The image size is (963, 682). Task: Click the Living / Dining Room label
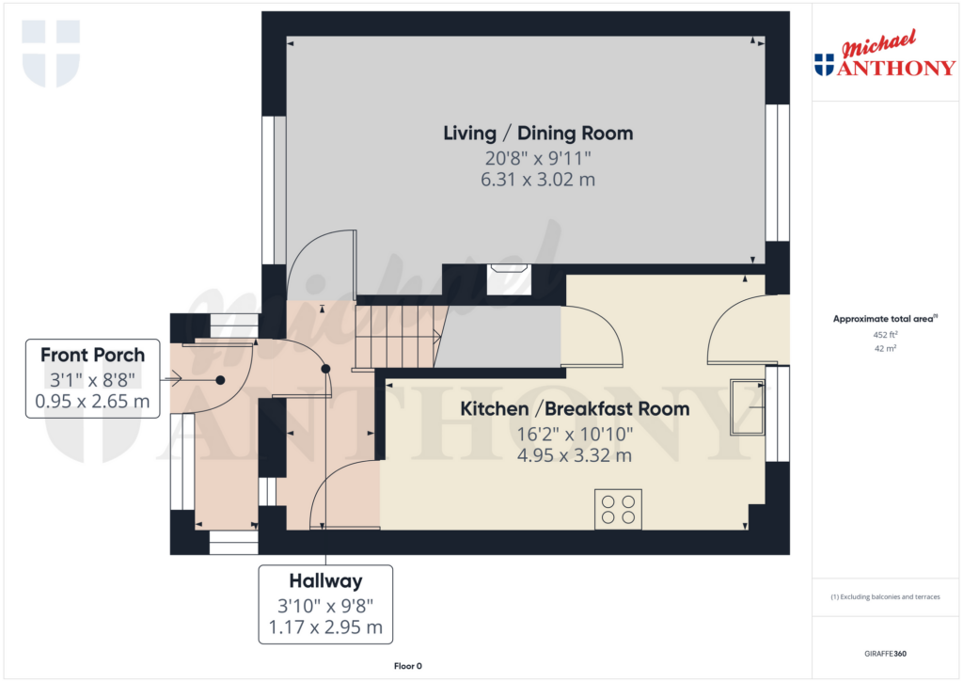pos(538,133)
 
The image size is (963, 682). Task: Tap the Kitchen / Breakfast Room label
pos(574,409)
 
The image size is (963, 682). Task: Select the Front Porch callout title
pos(92,355)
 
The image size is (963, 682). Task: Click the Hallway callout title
pos(325,581)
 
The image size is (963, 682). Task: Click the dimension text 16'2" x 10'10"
pos(574,434)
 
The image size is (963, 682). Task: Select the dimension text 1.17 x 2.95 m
pos(325,627)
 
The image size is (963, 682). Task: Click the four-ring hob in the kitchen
pos(618,509)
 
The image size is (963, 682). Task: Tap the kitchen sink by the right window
pos(748,406)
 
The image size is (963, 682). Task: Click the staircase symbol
pos(398,335)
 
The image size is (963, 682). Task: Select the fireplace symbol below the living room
pos(509,279)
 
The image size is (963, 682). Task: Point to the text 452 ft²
pos(885,334)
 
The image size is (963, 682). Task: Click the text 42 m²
pos(885,348)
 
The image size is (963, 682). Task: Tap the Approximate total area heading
pos(885,319)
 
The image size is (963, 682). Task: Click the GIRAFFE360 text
pos(886,653)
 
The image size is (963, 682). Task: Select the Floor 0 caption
pos(408,666)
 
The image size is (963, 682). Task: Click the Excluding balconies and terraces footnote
pos(885,597)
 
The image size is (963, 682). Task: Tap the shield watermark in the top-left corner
pos(51,53)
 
